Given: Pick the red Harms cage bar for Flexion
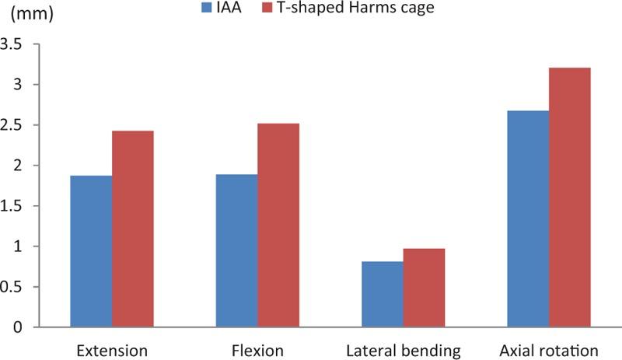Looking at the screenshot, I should (x=278, y=225).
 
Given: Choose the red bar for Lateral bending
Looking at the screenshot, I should (x=424, y=288).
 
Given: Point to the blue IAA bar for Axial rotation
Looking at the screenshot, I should (x=527, y=218).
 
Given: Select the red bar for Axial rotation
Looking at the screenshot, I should (x=570, y=197).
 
